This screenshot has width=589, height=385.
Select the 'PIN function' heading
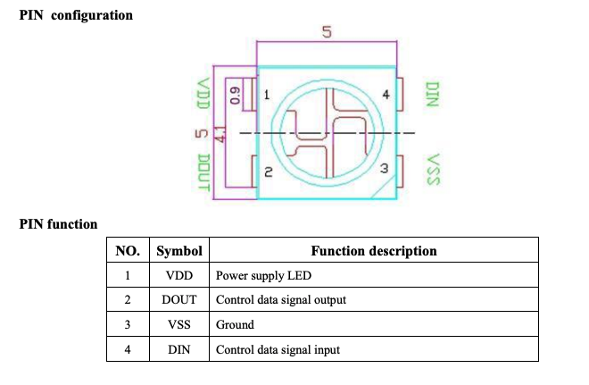click(58, 224)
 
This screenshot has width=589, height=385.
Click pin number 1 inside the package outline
click(267, 94)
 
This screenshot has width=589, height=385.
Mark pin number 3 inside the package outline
click(384, 168)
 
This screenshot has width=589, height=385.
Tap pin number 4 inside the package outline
click(386, 94)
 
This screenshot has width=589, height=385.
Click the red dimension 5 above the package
click(326, 33)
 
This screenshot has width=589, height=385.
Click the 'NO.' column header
click(129, 250)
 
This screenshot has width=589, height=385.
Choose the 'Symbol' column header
click(179, 250)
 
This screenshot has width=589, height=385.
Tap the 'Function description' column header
click(373, 250)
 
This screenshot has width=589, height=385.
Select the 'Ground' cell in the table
click(235, 324)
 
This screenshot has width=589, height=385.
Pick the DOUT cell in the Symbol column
click(179, 299)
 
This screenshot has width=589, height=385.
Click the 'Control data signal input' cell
click(278, 349)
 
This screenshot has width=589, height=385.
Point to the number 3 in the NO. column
click(129, 324)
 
